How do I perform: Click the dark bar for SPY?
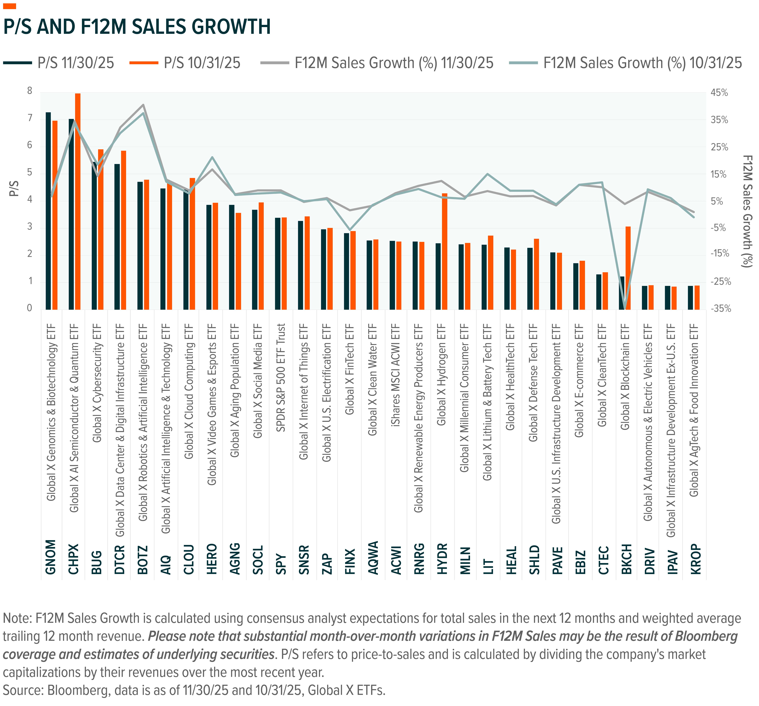[278, 263]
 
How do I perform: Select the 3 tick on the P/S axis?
[30, 228]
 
